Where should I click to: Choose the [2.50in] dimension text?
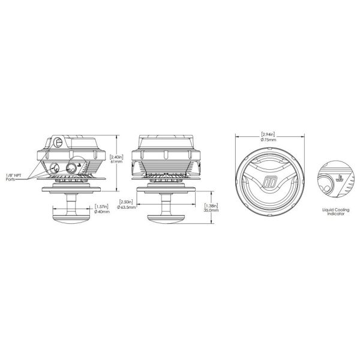click(126, 202)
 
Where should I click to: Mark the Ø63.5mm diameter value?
click(126, 207)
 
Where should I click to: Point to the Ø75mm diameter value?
click(269, 139)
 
